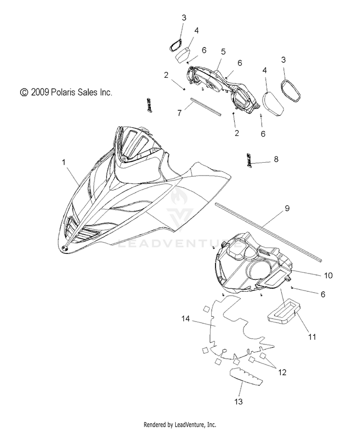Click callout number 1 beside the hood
[64, 163]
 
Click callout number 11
[312, 337]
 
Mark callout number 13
[238, 400]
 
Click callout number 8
[276, 159]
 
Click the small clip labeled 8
[250, 160]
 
